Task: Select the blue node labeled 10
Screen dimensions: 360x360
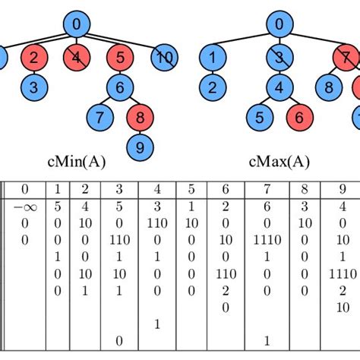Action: point(164,57)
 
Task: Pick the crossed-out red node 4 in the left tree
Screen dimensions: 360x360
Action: point(76,57)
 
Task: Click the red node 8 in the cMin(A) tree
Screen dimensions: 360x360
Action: point(140,117)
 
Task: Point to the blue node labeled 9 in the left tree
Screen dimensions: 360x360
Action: point(140,147)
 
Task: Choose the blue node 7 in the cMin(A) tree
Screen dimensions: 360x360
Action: point(99,117)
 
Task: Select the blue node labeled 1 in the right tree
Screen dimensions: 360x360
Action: point(213,57)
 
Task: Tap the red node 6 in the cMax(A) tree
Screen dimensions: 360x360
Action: point(300,117)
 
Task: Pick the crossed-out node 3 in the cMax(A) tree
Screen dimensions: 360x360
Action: point(279,57)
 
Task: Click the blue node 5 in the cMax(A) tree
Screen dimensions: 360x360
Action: point(259,117)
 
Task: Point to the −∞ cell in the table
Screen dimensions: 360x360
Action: point(25,207)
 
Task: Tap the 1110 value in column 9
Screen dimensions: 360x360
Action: point(339,272)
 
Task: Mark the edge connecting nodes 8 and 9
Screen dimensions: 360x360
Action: point(140,132)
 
